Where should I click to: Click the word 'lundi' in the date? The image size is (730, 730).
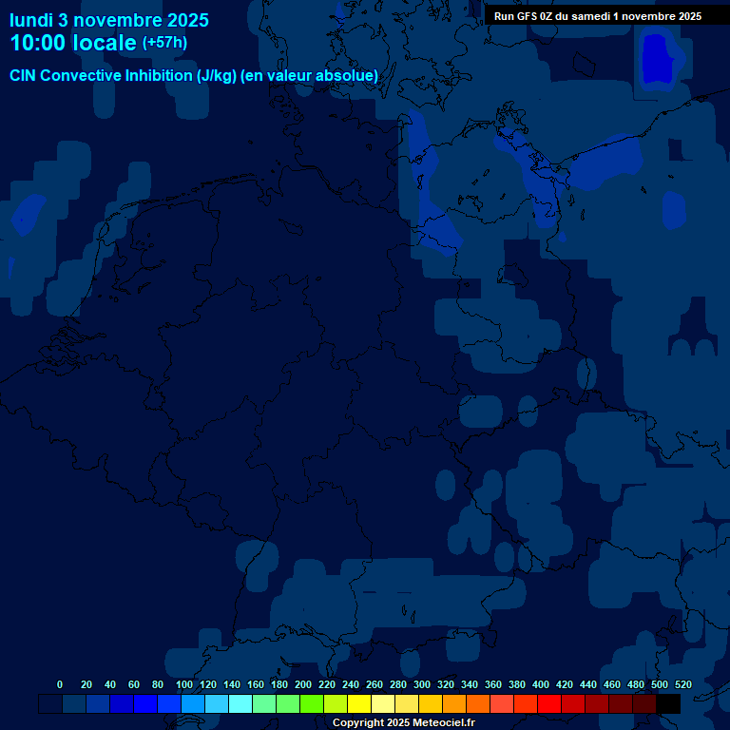tap(31, 20)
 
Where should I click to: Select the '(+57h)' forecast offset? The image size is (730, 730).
tap(164, 43)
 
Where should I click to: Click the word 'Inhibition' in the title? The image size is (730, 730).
tap(158, 76)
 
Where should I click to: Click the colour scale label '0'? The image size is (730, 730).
tap(60, 684)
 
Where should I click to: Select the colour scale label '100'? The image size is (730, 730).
tap(184, 684)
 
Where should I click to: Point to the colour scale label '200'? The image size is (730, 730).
tap(303, 684)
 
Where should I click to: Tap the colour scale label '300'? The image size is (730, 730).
tap(422, 684)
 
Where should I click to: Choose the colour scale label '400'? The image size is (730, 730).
tap(541, 684)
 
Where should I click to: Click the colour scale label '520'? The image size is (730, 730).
tap(682, 684)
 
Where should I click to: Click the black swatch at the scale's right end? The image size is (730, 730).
tap(668, 703)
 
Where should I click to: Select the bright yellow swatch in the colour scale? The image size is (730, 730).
tap(359, 703)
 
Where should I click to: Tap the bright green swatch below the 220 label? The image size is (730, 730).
tap(312, 703)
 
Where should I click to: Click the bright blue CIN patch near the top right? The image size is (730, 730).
tap(658, 59)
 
